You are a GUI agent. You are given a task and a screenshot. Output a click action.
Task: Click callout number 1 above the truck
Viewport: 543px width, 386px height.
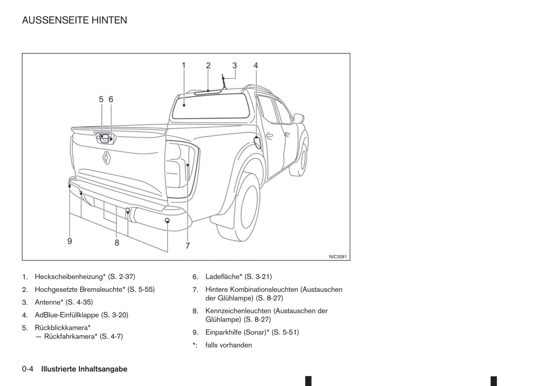[x=184, y=65]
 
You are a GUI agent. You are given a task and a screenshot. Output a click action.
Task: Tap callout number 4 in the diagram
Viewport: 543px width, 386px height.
[x=256, y=65]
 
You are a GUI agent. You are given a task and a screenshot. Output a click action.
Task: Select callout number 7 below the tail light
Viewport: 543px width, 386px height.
[x=188, y=246]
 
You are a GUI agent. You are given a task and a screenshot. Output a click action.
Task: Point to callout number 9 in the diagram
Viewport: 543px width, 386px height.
[x=70, y=241]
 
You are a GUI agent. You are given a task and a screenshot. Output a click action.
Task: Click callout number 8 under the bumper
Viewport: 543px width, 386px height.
[x=117, y=243]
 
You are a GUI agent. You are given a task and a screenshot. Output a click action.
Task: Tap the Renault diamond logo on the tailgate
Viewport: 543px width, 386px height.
[x=107, y=158]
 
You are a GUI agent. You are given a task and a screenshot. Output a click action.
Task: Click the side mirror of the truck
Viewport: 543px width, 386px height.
[x=299, y=118]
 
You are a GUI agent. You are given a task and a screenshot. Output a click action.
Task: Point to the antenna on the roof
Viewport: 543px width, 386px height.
[x=224, y=82]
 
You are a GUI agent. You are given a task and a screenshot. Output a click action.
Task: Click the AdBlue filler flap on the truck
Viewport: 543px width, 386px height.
[x=257, y=143]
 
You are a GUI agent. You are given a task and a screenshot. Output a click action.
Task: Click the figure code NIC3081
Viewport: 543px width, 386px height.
[x=338, y=257]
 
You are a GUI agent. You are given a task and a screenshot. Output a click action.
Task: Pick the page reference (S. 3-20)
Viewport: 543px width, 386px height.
[x=115, y=315]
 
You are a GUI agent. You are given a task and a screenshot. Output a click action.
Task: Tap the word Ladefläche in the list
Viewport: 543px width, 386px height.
[x=224, y=277]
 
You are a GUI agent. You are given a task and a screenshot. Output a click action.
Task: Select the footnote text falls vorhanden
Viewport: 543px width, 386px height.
[x=228, y=345]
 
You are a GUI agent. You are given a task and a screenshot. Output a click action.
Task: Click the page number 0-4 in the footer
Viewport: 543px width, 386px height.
[x=28, y=369]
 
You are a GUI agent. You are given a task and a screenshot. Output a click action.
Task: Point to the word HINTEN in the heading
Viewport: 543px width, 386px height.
[x=109, y=20]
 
